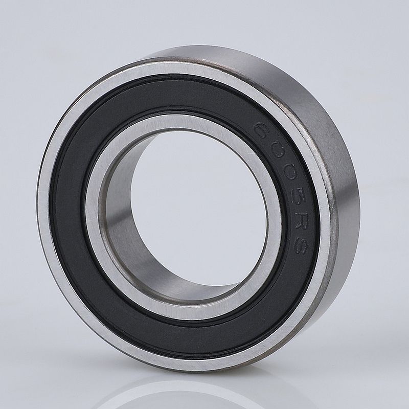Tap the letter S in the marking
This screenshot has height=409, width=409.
(297, 244)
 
